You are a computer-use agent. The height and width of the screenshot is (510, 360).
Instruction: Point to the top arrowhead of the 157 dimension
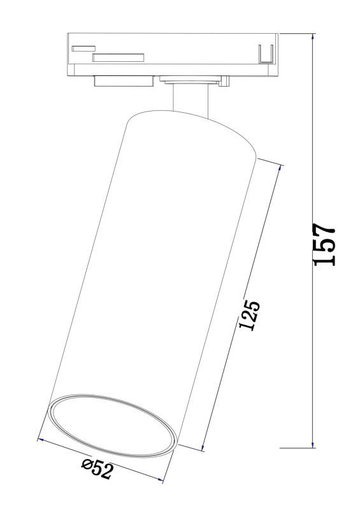[x=312, y=36]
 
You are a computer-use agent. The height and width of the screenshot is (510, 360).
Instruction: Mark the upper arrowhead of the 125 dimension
[x=279, y=167]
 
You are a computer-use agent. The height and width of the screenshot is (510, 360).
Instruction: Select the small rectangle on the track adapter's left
[x=83, y=48]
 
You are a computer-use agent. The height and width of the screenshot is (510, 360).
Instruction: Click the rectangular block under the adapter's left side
[x=122, y=80]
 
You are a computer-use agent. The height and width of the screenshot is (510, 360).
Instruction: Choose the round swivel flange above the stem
[x=189, y=80]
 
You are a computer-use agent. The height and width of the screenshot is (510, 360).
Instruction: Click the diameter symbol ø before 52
[x=87, y=466]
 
